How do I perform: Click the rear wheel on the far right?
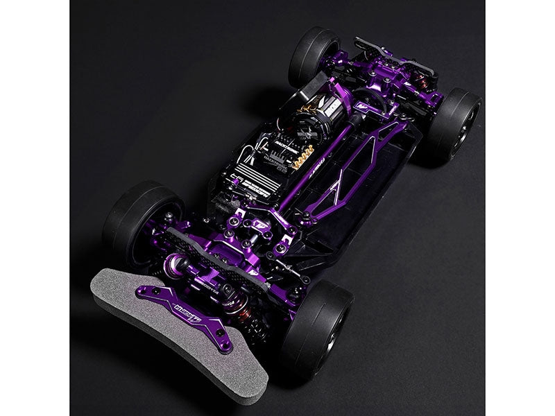tap(454, 128)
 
